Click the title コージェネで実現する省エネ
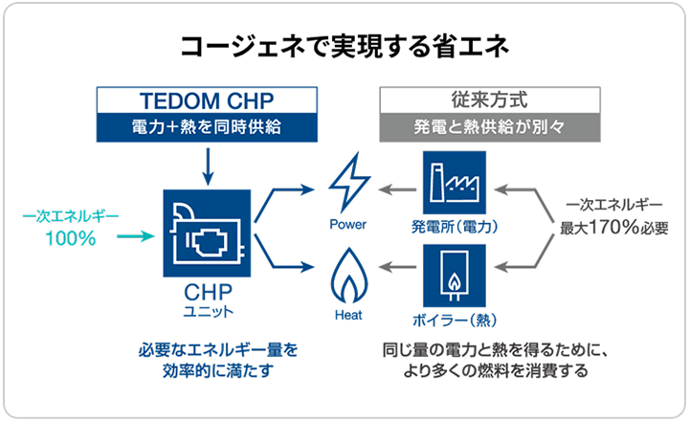344,47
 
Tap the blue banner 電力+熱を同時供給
208,126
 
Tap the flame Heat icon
347,278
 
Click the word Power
347,226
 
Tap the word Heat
347,315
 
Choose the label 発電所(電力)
454,227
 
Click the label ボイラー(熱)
454,318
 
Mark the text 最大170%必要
610,229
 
